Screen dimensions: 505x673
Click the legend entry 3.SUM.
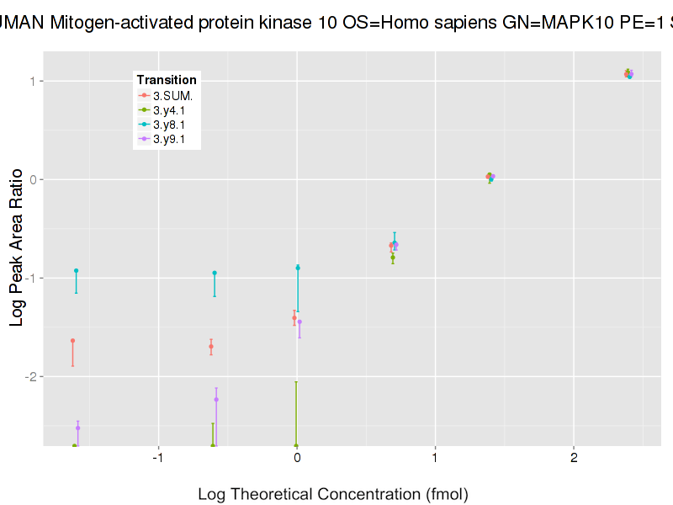point(172,95)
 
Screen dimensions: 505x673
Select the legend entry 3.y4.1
point(169,110)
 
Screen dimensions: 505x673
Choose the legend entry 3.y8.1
point(169,125)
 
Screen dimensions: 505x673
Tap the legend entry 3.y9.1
point(169,139)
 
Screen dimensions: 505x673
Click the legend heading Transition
point(167,80)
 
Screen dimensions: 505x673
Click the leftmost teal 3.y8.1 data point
point(76,271)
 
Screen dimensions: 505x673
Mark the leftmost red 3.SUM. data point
point(72,341)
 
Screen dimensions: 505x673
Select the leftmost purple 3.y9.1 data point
point(77,428)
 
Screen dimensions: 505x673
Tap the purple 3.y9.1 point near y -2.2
point(216,400)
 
